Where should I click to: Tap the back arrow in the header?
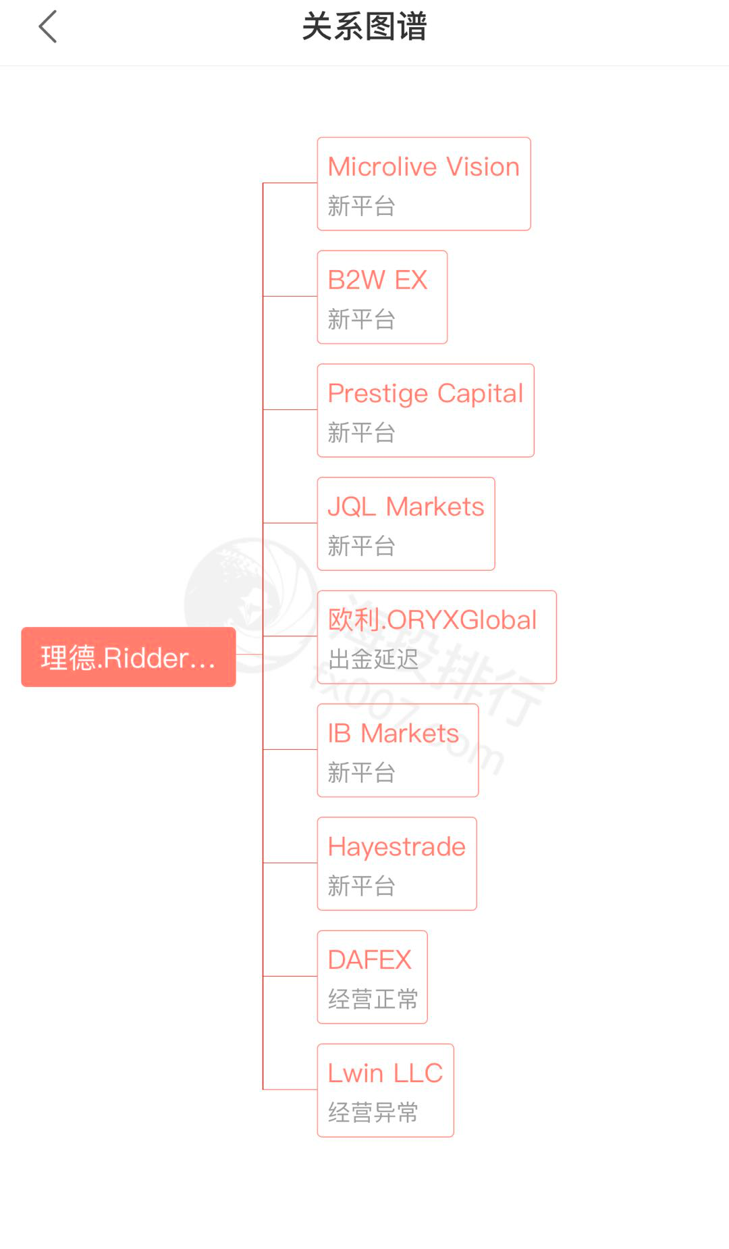pyautogui.click(x=48, y=27)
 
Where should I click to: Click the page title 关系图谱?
pyautogui.click(x=364, y=27)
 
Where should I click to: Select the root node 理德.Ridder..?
pyautogui.click(x=128, y=657)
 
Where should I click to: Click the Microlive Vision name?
pyautogui.click(x=423, y=167)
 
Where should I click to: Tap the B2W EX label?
pyautogui.click(x=377, y=280)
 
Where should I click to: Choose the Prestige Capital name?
pyautogui.click(x=425, y=394)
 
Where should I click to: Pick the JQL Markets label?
pyautogui.click(x=406, y=507)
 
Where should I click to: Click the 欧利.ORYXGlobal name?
pyautogui.click(x=432, y=620)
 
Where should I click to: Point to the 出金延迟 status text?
pyautogui.click(x=373, y=659)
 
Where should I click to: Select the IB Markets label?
pyautogui.click(x=393, y=734)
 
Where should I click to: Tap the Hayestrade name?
pyautogui.click(x=396, y=847)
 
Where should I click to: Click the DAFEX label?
pyautogui.click(x=369, y=960)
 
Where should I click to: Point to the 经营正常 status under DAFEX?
pyautogui.click(x=373, y=999)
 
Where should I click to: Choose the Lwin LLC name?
pyautogui.click(x=385, y=1073)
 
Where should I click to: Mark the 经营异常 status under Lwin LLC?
pyautogui.click(x=373, y=1113)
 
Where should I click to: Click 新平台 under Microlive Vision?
pyautogui.click(x=361, y=206)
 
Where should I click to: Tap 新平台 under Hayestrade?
pyautogui.click(x=361, y=886)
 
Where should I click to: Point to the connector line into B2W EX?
pyautogui.click(x=290, y=296)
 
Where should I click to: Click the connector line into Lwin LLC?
pyautogui.click(x=290, y=1089)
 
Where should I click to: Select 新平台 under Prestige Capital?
pyautogui.click(x=361, y=433)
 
